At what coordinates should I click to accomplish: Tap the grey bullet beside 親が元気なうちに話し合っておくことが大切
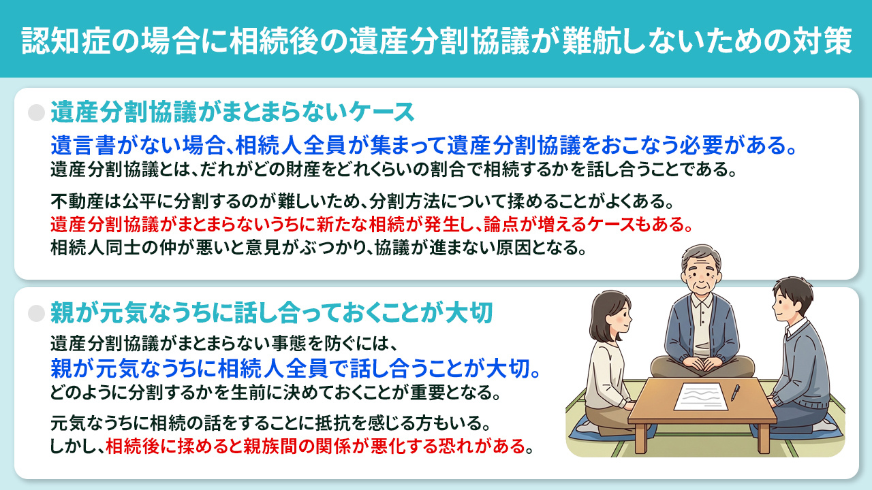pyautogui.click(x=36, y=312)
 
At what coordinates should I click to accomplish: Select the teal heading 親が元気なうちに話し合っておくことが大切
pyautogui.click(x=277, y=312)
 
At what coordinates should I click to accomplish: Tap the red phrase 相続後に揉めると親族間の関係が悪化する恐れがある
pyautogui.click(x=317, y=447)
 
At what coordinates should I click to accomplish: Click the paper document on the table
pyautogui.click(x=700, y=395)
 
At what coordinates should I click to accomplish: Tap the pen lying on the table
pyautogui.click(x=735, y=393)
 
